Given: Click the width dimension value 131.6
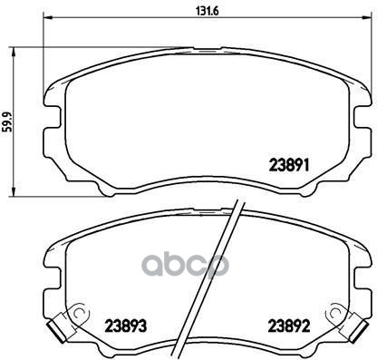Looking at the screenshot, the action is [x=207, y=11].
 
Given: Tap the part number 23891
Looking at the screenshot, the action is [x=289, y=166].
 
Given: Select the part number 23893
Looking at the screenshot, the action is [x=126, y=326].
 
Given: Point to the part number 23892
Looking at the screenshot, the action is [x=289, y=326].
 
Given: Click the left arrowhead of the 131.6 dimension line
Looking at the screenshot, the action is [x=48, y=17].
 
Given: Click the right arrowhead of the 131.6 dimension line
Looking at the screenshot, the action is [x=366, y=17].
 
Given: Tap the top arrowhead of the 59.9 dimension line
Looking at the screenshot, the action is [x=13, y=53].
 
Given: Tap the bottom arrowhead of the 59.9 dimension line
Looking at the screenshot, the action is [x=13, y=190].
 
